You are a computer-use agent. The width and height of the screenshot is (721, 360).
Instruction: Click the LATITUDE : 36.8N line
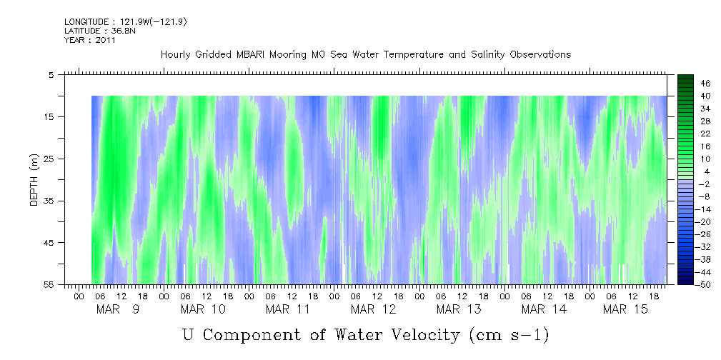click(89, 31)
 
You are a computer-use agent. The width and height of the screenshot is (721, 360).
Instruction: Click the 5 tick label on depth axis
click(51, 74)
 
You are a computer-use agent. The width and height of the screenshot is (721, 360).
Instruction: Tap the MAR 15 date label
click(625, 309)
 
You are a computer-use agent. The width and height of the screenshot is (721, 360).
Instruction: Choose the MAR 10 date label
click(203, 309)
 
